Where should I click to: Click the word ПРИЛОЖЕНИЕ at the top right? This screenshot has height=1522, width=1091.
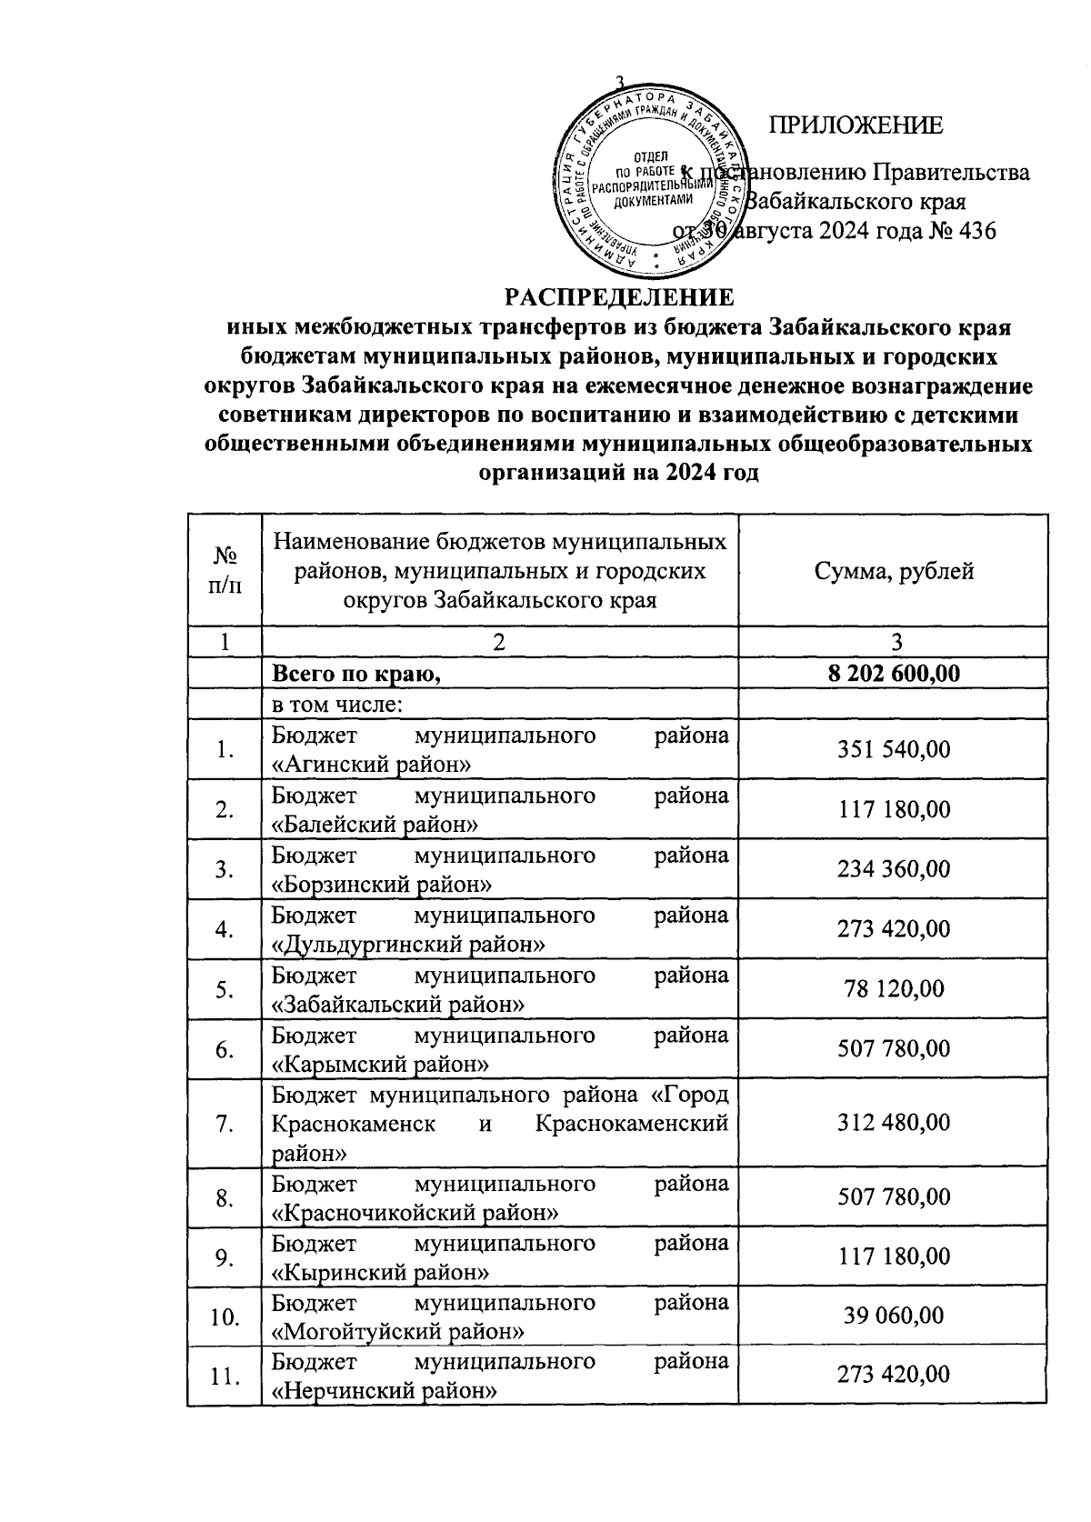coord(856,125)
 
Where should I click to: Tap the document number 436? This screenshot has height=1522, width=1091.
coord(975,231)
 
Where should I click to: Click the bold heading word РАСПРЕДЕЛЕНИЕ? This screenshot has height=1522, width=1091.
coord(620,297)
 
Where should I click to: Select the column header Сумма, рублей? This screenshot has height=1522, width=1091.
coord(895,571)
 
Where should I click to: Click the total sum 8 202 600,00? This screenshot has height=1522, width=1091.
coord(895,674)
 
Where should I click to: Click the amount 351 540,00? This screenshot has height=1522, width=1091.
coord(895,749)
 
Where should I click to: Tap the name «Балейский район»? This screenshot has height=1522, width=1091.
coord(376,825)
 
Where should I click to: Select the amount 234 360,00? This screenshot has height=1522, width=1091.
coord(895,869)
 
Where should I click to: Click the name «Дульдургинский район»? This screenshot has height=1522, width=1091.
coord(409,945)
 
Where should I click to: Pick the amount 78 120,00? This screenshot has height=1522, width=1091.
coord(895,988)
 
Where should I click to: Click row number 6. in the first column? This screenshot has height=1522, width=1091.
coord(225,1049)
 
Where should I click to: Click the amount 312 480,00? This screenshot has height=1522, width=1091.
coord(895,1123)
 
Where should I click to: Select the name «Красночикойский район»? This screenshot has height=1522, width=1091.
coord(415,1213)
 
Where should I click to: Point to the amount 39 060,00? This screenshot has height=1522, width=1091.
coord(895,1316)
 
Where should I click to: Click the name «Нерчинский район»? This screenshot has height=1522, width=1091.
coord(385,1390)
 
